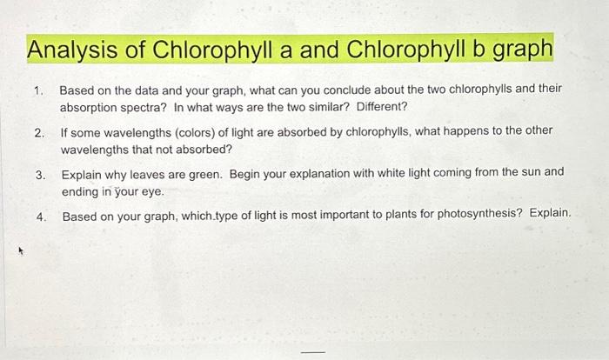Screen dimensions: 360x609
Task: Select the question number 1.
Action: coord(37,90)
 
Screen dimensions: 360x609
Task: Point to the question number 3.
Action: coord(39,173)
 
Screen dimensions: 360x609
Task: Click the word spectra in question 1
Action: coord(136,107)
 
